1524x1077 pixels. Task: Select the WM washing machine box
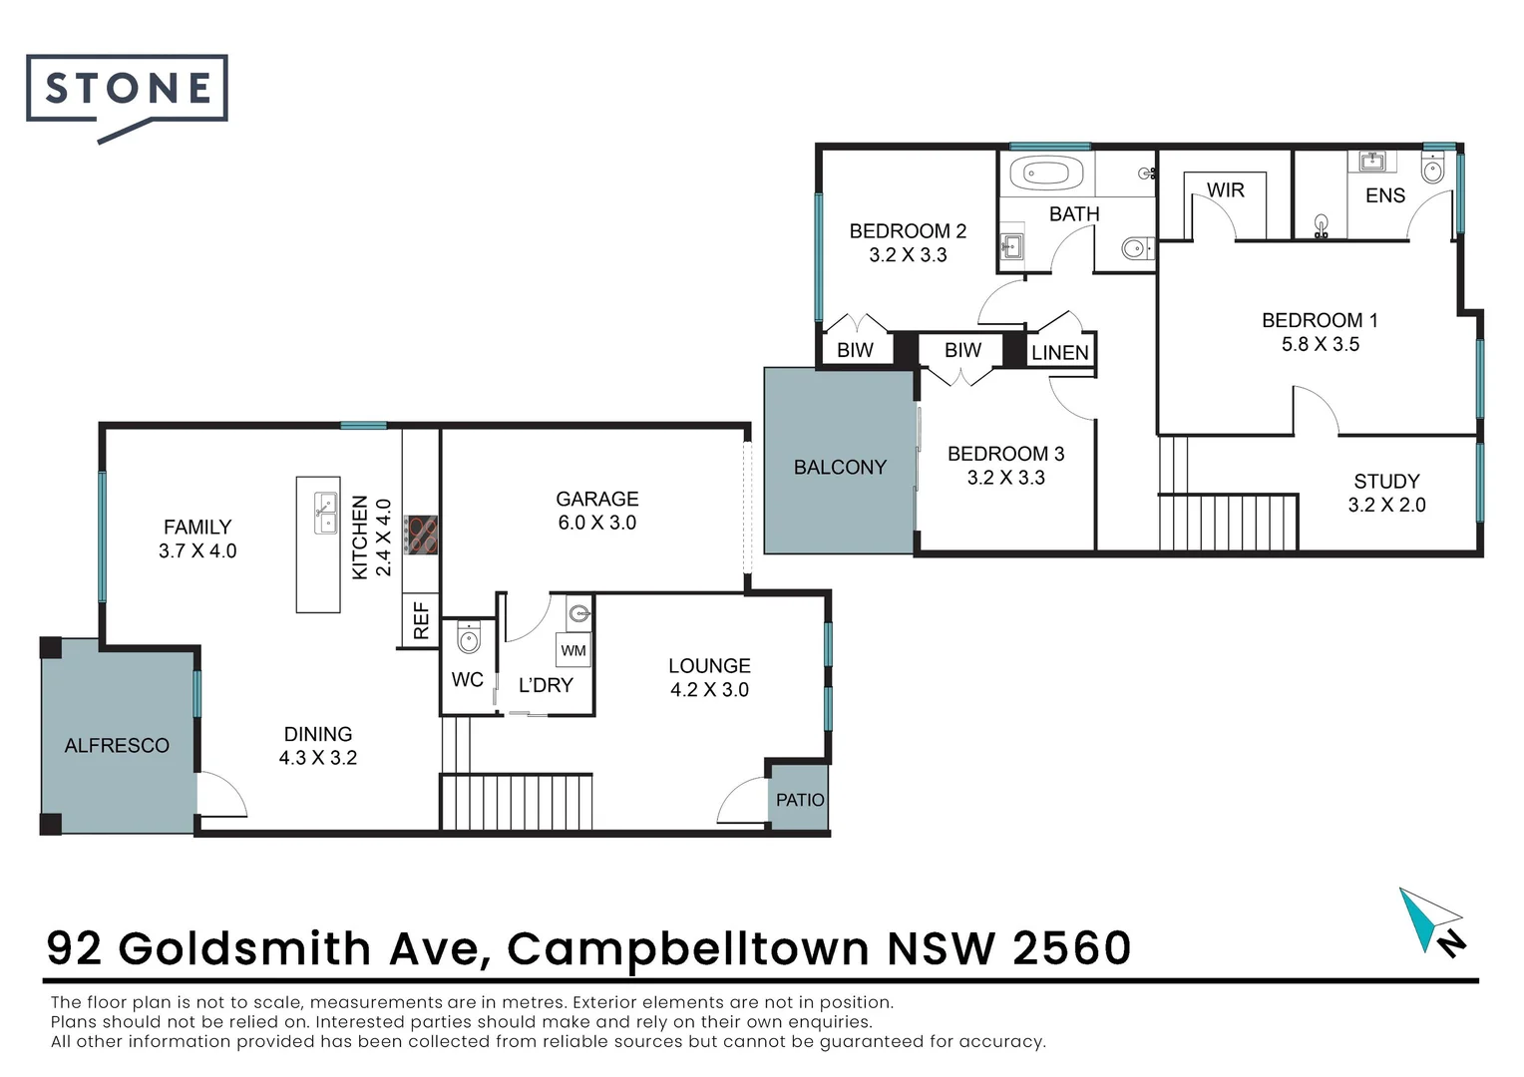(573, 650)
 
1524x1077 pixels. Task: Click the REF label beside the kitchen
(421, 620)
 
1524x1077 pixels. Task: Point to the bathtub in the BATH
(1046, 174)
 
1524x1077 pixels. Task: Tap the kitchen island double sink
(326, 514)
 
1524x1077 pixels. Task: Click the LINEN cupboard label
(1059, 353)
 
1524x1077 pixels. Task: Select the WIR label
(1225, 190)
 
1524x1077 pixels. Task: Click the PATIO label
(800, 800)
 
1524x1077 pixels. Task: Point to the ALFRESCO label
(117, 745)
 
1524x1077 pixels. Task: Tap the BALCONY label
(840, 467)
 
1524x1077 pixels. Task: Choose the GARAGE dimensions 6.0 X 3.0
(596, 523)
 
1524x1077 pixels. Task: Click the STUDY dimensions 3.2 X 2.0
(1386, 505)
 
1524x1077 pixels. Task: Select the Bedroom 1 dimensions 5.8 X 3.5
(1320, 344)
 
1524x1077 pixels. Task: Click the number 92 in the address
(74, 948)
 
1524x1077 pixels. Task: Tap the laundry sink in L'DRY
(579, 612)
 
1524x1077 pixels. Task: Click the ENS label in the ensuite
(1384, 195)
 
